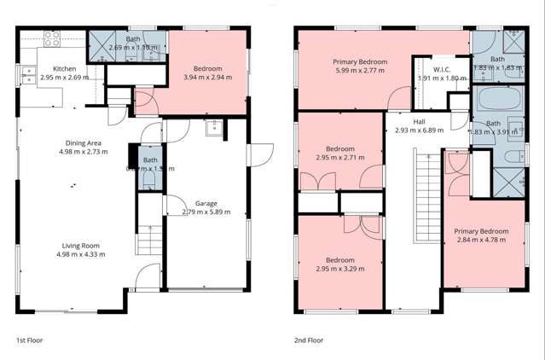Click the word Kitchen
coord(66,69)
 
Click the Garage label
coord(206,204)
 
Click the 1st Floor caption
coord(29,340)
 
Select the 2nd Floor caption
coord(308,340)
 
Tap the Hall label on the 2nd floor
coord(419,122)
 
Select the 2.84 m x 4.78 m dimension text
coord(481,241)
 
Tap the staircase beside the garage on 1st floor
coord(149,239)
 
